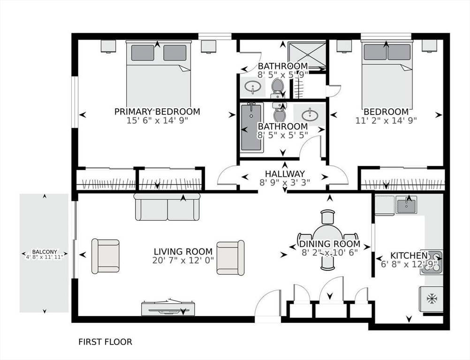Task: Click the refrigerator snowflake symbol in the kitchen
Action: pos(432,298)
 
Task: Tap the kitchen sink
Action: pos(406,204)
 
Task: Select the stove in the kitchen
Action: pos(432,262)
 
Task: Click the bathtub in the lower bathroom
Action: pos(252,127)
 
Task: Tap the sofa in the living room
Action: pos(167,207)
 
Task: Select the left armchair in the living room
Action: pos(106,256)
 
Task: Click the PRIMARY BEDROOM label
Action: pos(157,112)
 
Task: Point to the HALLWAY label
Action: pos(285,174)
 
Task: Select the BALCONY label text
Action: pos(45,252)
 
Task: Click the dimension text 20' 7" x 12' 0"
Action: pos(183,260)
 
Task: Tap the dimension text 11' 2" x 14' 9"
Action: pos(386,120)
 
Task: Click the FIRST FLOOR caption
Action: pos(105,342)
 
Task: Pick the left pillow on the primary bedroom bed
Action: pos(143,52)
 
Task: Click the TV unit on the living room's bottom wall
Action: pos(168,308)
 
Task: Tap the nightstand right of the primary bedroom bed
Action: pos(209,46)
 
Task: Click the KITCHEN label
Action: pos(409,255)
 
